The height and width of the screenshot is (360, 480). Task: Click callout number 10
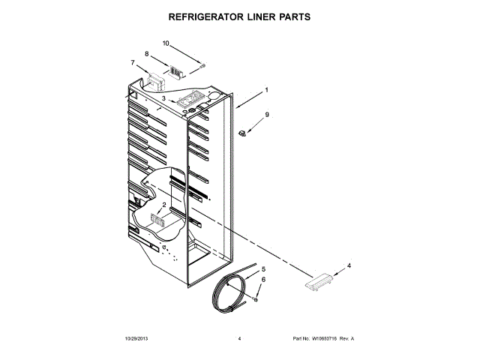click(166, 43)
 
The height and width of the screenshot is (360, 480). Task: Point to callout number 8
click(146, 54)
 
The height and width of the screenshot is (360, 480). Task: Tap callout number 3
click(163, 98)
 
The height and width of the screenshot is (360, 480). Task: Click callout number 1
click(265, 91)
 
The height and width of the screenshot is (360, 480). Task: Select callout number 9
click(265, 115)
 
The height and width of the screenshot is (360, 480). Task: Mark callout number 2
click(164, 204)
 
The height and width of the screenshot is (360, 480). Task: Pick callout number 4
click(348, 265)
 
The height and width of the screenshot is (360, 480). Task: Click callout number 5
click(263, 268)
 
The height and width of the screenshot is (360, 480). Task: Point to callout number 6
click(263, 279)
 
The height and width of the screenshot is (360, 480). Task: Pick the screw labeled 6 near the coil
click(256, 299)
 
